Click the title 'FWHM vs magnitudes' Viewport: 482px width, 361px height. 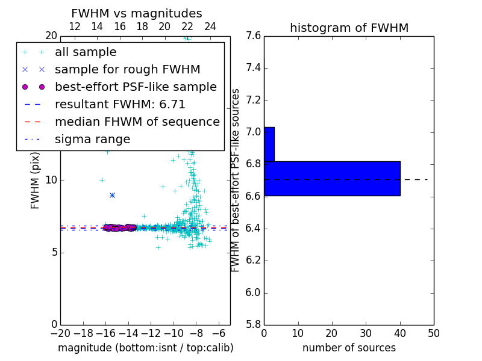pos(137,13)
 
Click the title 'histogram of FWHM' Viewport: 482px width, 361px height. pos(349,28)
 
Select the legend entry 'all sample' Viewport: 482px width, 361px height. pos(86,52)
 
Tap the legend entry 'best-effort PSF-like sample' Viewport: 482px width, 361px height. pos(136,87)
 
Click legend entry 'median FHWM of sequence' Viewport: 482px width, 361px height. pos(137,122)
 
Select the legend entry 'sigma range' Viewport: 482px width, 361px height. pos(92,139)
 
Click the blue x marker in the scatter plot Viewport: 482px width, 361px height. pos(112,195)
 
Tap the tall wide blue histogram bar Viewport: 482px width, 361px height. pos(332,178)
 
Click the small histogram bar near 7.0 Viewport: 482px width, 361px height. pos(269,144)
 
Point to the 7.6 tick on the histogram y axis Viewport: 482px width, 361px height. pos(253,35)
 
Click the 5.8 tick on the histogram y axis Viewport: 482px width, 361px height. pos(253,324)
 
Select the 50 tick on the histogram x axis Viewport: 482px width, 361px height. pos(434,333)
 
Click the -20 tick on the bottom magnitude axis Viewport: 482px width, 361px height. pos(60,333)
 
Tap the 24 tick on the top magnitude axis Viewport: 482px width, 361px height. pos(210,26)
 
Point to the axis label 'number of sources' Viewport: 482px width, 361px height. pos(349,348)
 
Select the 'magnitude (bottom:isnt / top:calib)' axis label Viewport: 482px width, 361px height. pos(145,348)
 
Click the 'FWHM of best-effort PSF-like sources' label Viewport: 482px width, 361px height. pos(236,180)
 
